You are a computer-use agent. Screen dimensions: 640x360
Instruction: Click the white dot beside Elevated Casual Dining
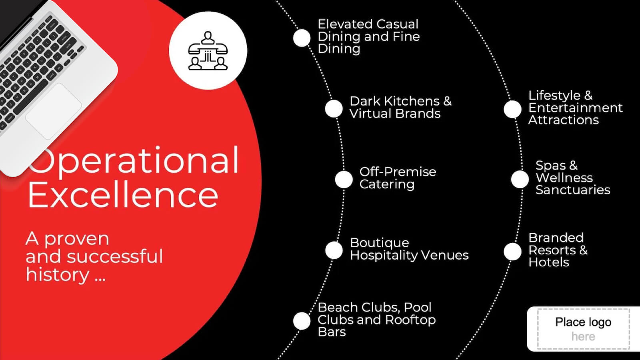pos(302,38)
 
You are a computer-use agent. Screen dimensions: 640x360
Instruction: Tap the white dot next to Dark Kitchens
pos(334,109)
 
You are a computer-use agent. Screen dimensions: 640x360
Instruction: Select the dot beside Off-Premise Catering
pos(344,179)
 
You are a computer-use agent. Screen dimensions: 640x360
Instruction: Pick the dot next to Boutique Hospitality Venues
pos(334,250)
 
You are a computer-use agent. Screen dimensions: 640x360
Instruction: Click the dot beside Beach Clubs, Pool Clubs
pos(302,321)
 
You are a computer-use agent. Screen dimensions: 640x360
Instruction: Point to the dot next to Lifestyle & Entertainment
pos(512,109)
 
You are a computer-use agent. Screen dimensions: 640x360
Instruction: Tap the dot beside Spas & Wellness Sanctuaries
pos(520,179)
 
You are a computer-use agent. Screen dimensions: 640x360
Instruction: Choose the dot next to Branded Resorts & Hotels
pos(512,252)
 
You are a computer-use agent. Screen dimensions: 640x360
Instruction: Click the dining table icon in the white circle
pos(208,51)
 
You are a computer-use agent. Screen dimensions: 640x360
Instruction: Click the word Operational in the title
pos(134,160)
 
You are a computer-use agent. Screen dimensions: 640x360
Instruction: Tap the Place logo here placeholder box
pos(583,329)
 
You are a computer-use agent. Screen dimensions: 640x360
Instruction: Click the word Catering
pos(387,184)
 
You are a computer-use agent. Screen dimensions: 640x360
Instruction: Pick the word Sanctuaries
pos(573,190)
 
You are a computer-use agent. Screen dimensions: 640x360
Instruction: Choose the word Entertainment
pos(575,108)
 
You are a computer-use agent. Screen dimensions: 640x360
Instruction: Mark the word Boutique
pos(379,243)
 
